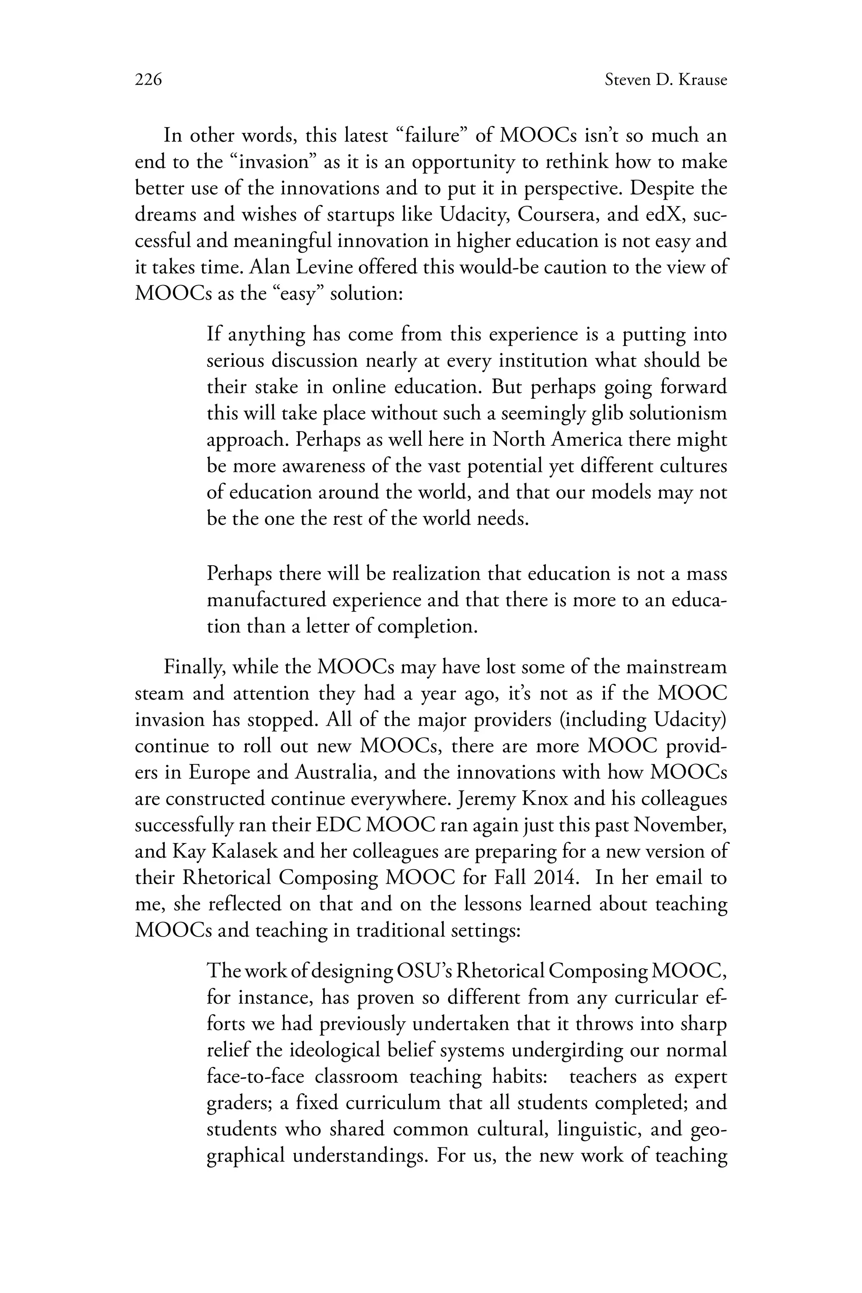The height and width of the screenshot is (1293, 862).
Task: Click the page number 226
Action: click(x=149, y=80)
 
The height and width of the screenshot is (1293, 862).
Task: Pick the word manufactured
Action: click(x=266, y=600)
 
